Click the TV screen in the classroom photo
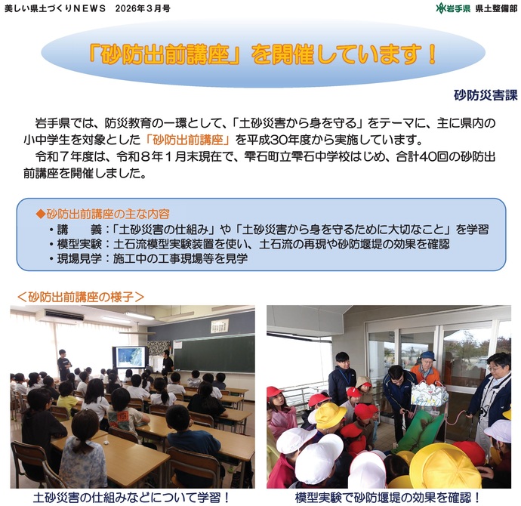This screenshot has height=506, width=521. (129, 356)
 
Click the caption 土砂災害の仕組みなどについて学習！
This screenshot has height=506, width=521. (132, 498)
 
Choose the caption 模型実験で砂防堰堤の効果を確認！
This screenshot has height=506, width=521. (388, 498)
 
